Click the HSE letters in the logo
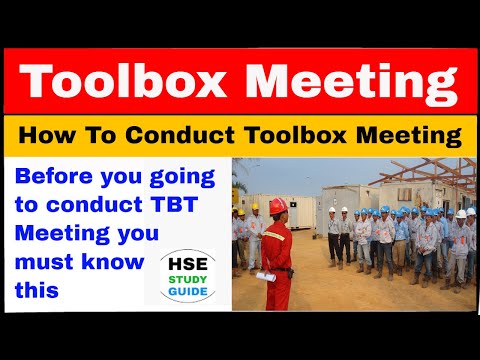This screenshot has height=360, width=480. tap(179, 263)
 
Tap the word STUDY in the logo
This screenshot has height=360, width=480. tap(179, 281)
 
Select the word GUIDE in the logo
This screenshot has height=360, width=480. tap(179, 293)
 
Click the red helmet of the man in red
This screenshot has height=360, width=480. tap(278, 205)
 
